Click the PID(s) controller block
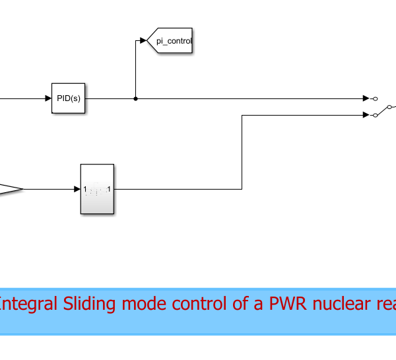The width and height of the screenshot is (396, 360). click(x=69, y=98)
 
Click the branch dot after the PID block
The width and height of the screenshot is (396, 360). click(x=135, y=99)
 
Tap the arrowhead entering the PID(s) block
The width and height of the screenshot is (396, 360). click(x=48, y=99)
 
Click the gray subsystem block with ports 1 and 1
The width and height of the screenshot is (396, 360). click(x=97, y=189)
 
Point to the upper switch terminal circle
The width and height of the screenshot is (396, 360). click(x=375, y=99)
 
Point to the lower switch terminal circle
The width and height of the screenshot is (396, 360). click(x=375, y=115)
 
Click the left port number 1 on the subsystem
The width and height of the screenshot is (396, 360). click(x=85, y=190)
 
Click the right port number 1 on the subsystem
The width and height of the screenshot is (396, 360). click(x=110, y=190)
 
